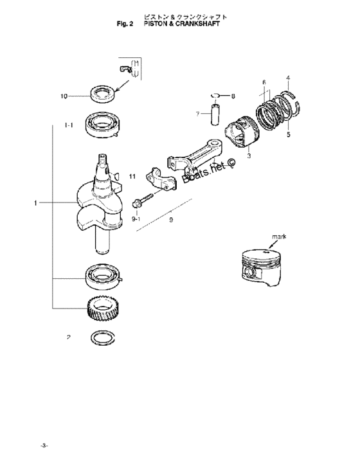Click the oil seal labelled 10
click(x=102, y=94)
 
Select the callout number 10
click(x=64, y=96)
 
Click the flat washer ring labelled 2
click(x=103, y=337)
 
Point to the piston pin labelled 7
click(x=215, y=114)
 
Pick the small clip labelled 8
click(x=215, y=95)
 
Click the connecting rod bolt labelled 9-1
click(x=142, y=200)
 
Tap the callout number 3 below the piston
click(x=249, y=156)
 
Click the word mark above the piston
click(x=279, y=237)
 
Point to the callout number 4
click(x=288, y=78)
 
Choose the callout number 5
click(x=289, y=134)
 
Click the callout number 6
click(x=264, y=82)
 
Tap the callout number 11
click(x=132, y=177)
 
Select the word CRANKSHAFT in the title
click(x=198, y=24)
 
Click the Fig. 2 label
click(x=125, y=24)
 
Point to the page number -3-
click(x=44, y=445)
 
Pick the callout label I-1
click(x=69, y=125)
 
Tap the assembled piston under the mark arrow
click(x=261, y=267)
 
